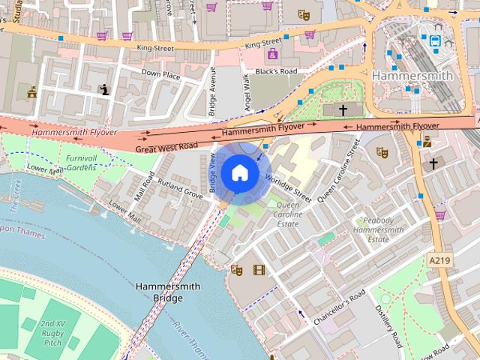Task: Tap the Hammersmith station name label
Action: [x=412, y=76]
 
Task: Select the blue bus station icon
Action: [x=436, y=41]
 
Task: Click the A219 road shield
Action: [x=439, y=259]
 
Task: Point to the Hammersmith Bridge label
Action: [x=158, y=292]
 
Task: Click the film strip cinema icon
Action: [x=259, y=270]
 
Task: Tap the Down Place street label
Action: [x=161, y=74]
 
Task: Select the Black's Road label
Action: [x=276, y=71]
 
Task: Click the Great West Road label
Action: [x=166, y=147]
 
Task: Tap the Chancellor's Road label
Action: [x=339, y=307]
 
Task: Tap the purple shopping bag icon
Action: [x=271, y=54]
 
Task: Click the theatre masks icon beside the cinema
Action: [x=237, y=270]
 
